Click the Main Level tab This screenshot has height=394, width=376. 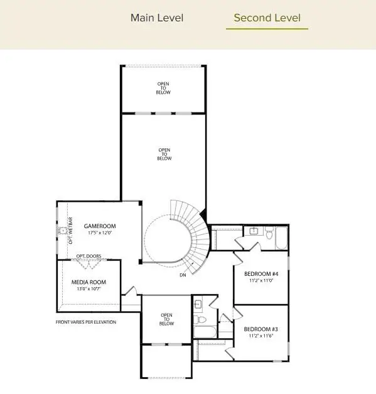click(x=157, y=18)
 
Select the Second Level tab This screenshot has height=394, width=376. click(x=267, y=18)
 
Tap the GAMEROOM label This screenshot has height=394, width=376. click(x=100, y=226)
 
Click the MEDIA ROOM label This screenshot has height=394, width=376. click(x=89, y=282)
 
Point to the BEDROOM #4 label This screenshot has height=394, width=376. click(x=261, y=274)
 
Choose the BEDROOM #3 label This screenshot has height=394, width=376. click(x=261, y=329)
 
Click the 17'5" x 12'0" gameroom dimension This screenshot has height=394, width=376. click(x=100, y=233)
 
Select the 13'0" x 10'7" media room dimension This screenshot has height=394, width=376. click(x=89, y=289)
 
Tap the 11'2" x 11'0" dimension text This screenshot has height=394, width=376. click(x=261, y=281)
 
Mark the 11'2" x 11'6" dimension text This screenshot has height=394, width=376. click(x=261, y=336)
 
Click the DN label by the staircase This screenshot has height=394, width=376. click(x=183, y=275)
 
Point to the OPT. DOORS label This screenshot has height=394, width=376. click(x=89, y=256)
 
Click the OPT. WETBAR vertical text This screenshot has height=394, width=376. click(x=70, y=233)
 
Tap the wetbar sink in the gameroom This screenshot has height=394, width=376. click(x=63, y=231)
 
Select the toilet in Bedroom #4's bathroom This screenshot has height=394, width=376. click(x=269, y=234)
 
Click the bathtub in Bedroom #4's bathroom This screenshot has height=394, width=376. click(x=281, y=238)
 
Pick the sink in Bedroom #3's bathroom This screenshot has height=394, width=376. click(x=198, y=305)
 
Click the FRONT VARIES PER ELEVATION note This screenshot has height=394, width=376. click(x=86, y=322)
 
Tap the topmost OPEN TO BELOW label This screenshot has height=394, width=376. click(x=164, y=88)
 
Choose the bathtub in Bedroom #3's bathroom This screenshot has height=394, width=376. click(x=205, y=331)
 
